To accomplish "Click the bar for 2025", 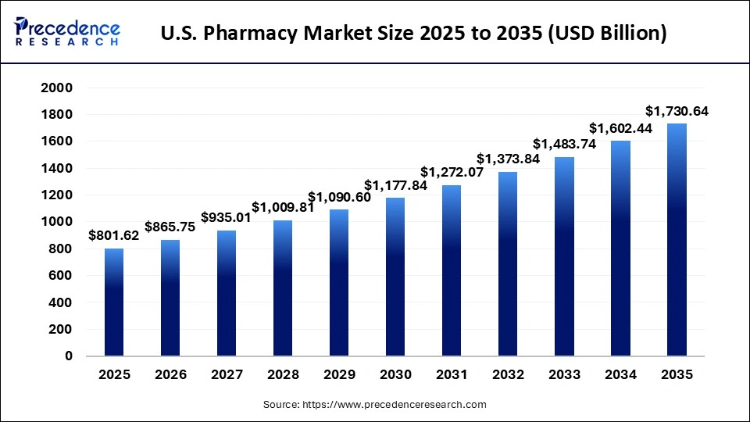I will pos(114,302).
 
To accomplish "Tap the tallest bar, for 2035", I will pos(677,240).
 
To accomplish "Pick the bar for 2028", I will pos(283,288).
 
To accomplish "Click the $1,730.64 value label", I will pos(677,111).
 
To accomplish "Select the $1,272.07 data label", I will pos(452,172).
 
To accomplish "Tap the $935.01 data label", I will pos(227,217).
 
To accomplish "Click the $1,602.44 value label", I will pos(620,127).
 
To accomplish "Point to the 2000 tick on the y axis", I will pos(57,88).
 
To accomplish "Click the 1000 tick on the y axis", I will pos(57,222).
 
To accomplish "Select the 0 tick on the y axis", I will pos(68,356).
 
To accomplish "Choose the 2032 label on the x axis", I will pos(508,375).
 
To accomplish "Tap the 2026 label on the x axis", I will pos(170,375).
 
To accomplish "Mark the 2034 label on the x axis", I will pos(620,375).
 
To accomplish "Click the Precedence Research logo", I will pos(67,32).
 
